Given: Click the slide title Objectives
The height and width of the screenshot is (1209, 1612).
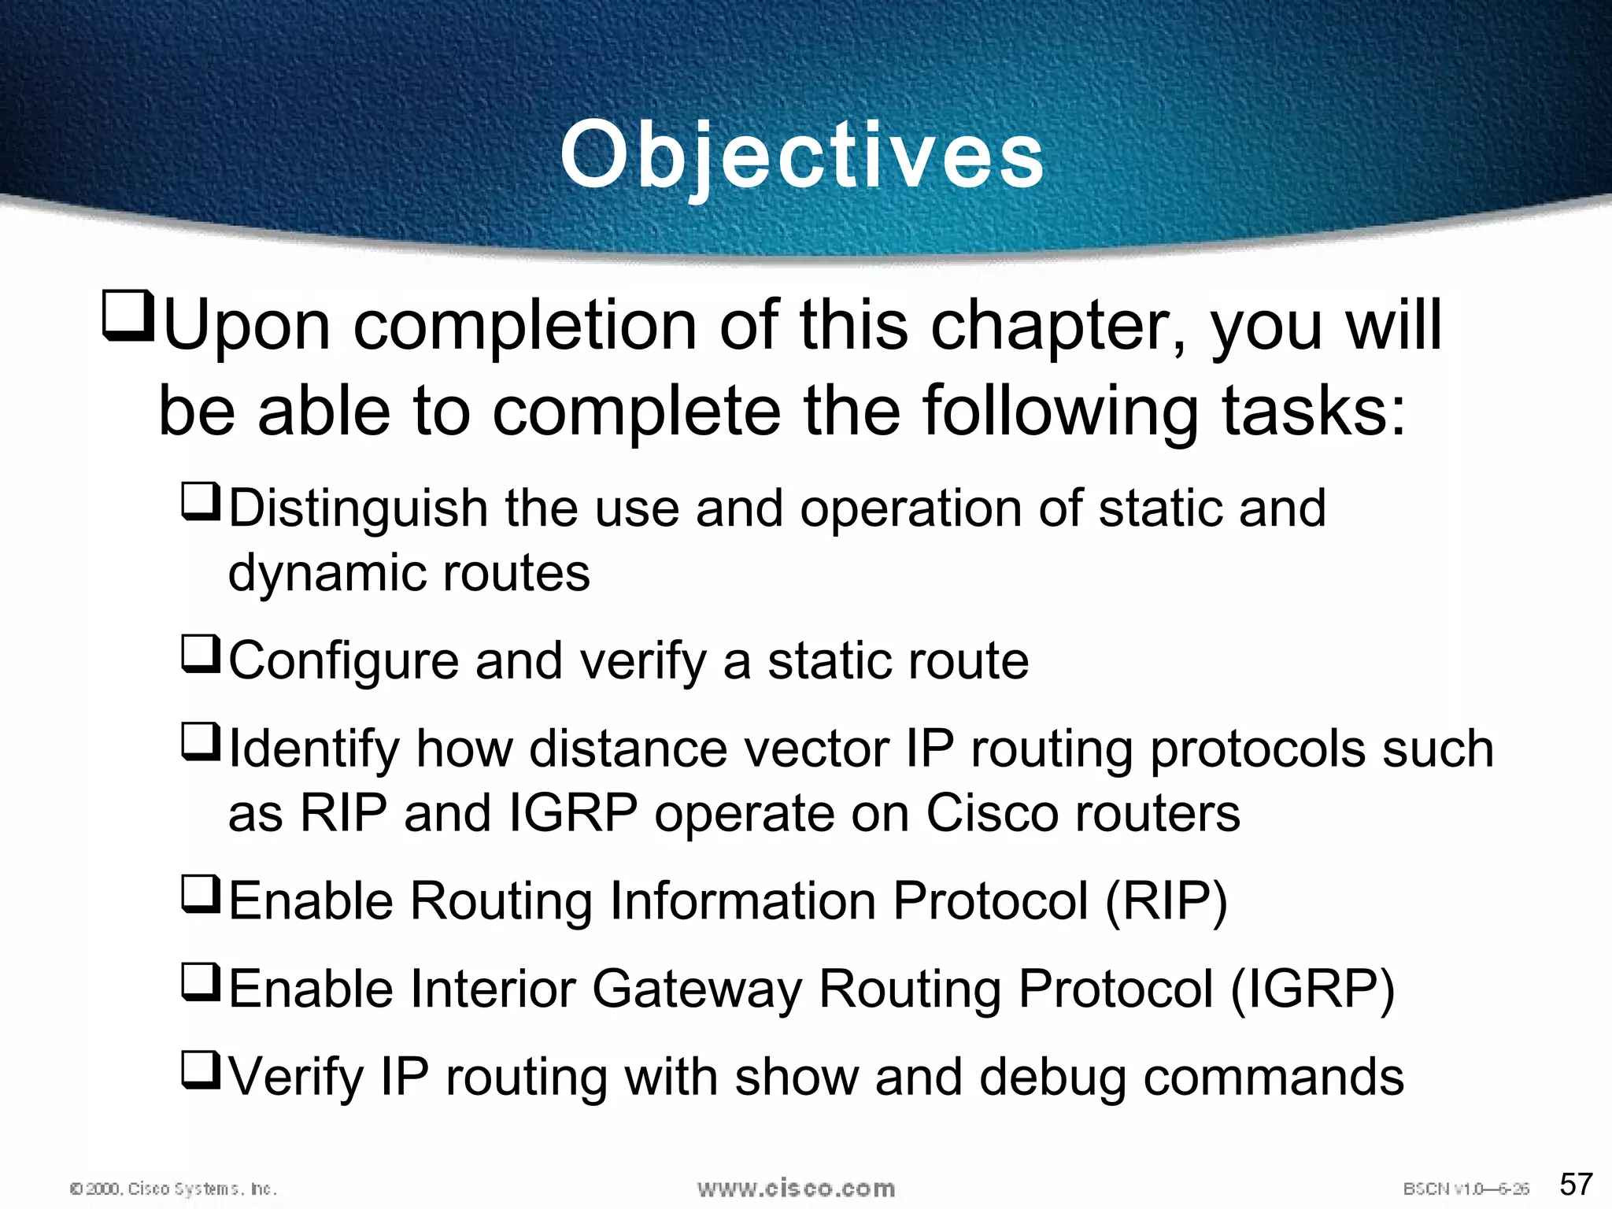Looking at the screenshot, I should click(802, 155).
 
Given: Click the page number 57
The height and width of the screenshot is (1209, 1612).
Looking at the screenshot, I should click(1576, 1184).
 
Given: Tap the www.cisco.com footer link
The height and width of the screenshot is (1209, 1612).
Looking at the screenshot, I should click(796, 1188).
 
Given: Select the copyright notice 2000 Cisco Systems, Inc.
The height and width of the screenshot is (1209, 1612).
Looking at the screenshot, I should click(173, 1189).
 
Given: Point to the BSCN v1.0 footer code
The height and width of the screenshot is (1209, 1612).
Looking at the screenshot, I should click(1466, 1189).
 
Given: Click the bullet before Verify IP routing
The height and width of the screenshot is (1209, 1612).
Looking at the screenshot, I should click(200, 1070).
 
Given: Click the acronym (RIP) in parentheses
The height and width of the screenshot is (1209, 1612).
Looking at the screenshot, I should click(1166, 901).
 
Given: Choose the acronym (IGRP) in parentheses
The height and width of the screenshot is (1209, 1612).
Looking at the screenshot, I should click(1312, 989).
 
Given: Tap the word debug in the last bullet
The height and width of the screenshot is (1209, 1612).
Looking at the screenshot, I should click(1052, 1078).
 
